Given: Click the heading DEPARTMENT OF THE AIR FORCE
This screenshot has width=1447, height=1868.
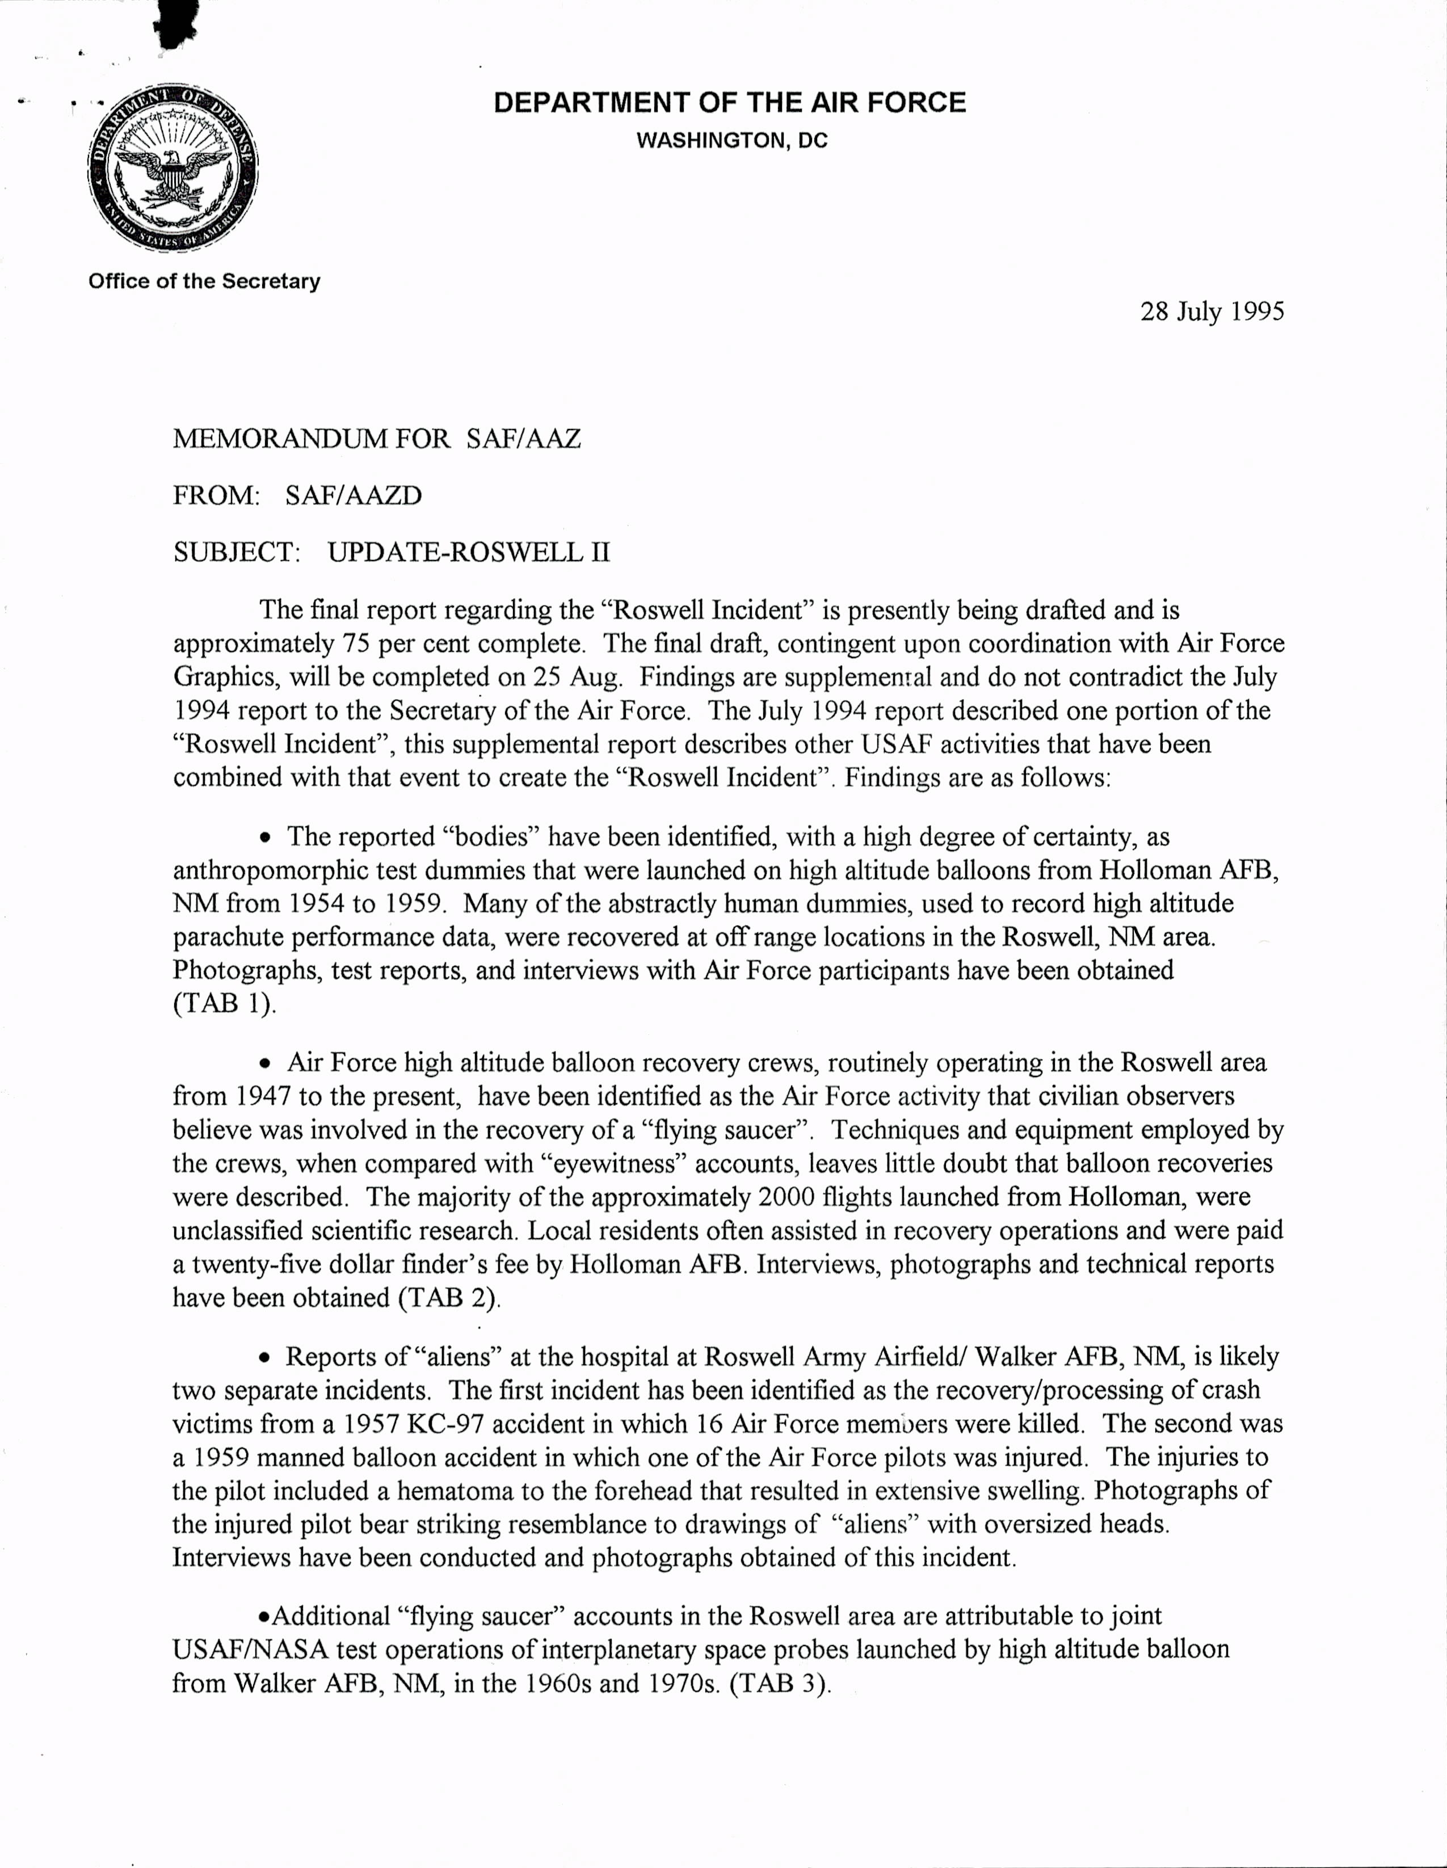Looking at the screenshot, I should tap(730, 103).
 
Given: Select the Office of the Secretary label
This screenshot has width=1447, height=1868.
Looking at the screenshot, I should tap(204, 281).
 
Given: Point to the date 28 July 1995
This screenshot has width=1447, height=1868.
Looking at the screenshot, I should tap(1212, 312).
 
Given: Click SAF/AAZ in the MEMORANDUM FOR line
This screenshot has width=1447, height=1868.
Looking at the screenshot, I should tap(523, 439).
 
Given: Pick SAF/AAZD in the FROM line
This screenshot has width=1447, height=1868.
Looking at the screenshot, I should tap(353, 495).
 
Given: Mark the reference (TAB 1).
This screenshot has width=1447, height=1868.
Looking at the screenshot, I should tap(225, 1003).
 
